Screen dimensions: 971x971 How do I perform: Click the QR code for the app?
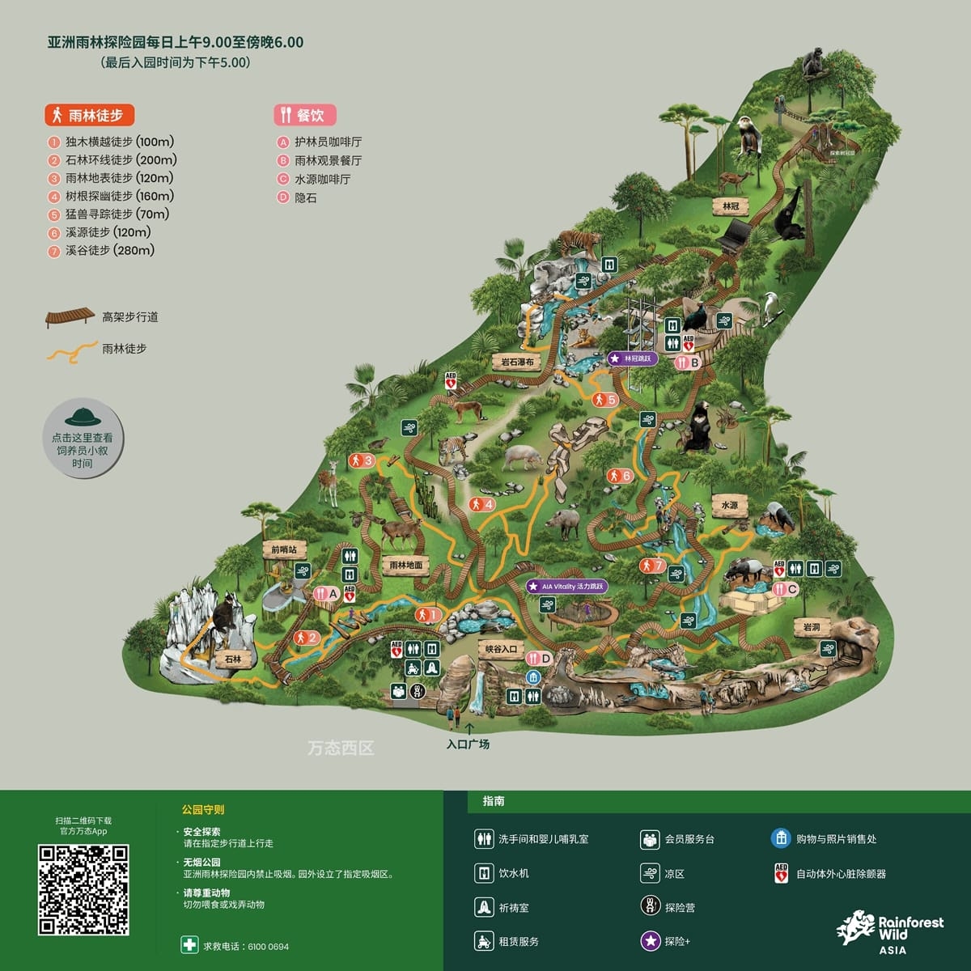tap(83, 888)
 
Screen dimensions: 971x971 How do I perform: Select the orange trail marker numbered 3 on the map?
tap(361, 461)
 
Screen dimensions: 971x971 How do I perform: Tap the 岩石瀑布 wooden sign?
tap(518, 362)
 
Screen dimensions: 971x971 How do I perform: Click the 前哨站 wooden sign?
tap(283, 549)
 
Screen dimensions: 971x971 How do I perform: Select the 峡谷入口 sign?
tap(502, 648)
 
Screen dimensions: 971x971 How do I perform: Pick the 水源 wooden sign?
tap(730, 505)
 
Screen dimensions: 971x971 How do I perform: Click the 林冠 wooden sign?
tap(731, 206)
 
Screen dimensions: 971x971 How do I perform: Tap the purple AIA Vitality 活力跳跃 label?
tap(566, 587)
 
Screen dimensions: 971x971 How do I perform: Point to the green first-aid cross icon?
tap(189, 944)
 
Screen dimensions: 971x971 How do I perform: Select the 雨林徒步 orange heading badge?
tap(89, 115)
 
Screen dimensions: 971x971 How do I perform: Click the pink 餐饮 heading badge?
tap(304, 115)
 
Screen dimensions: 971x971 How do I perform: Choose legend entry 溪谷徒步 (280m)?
tap(110, 251)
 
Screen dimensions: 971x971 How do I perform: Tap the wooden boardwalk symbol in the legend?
tap(69, 316)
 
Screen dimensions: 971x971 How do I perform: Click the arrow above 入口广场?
tap(469, 727)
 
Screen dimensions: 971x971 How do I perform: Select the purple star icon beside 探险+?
tap(651, 940)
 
